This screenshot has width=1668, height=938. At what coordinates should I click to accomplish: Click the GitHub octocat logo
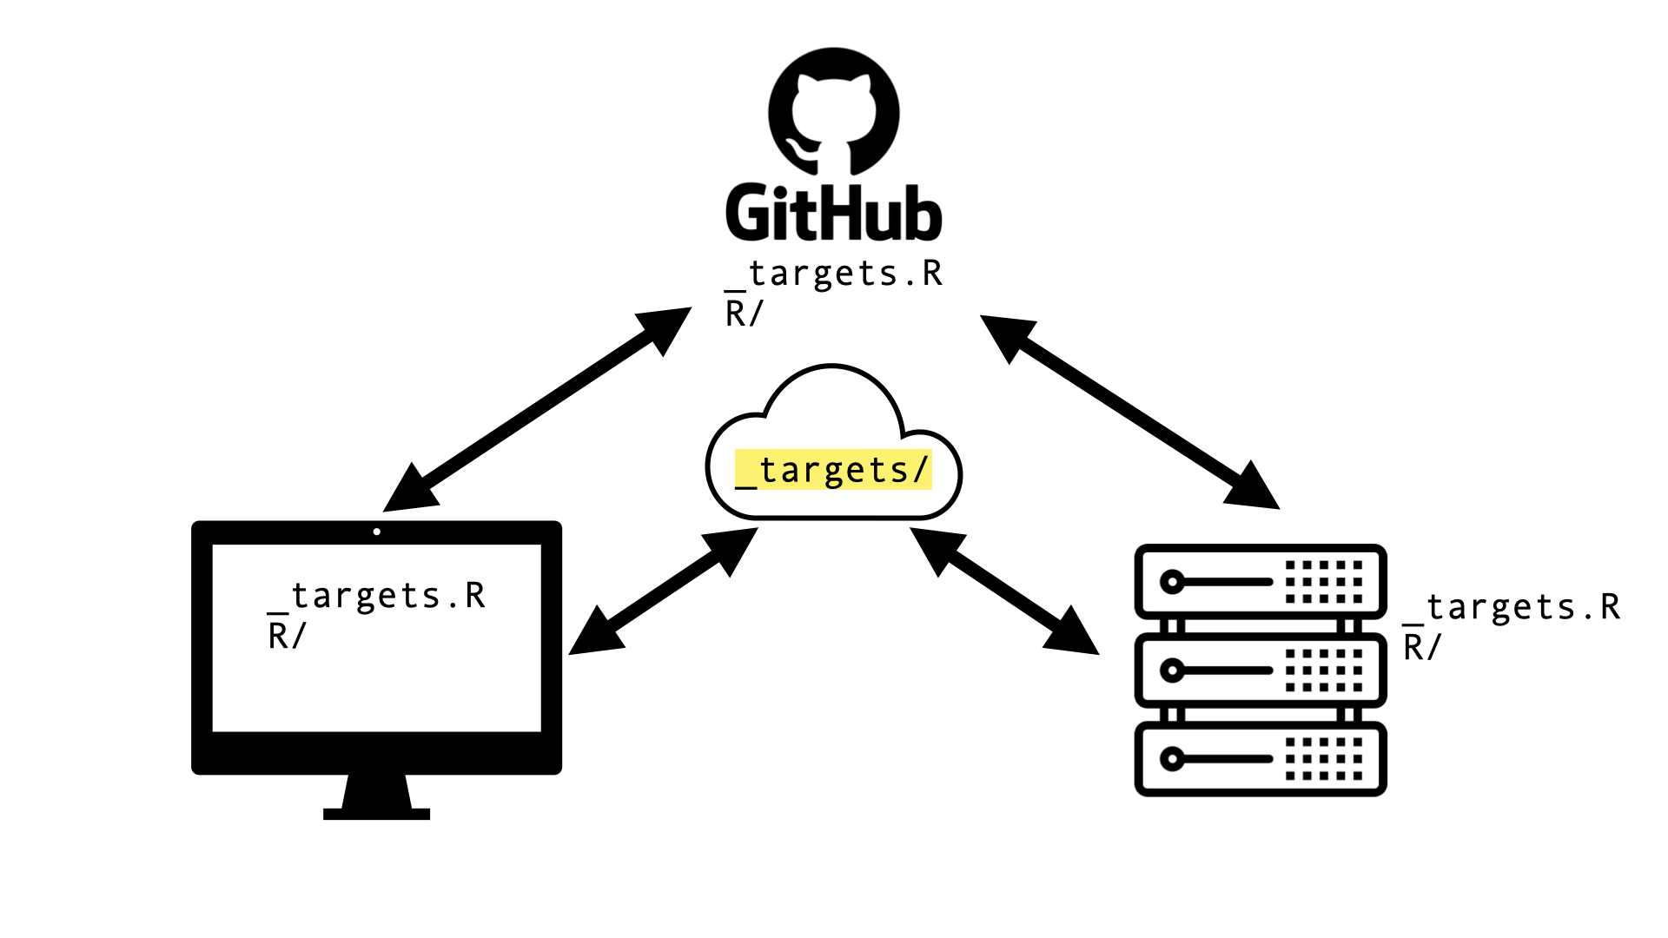[x=834, y=112]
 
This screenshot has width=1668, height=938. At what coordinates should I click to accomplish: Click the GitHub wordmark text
[x=834, y=213]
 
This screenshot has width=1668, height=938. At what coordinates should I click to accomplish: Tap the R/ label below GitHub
[x=744, y=314]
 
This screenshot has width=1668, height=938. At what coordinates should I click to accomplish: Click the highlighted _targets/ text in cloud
[x=834, y=470]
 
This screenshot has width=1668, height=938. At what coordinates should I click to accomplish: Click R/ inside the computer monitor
[x=287, y=636]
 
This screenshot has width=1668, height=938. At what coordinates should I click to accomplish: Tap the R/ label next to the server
[x=1422, y=647]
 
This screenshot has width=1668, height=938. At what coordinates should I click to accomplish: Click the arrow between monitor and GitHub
[x=537, y=409]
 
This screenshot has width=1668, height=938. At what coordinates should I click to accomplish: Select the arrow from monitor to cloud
[x=663, y=591]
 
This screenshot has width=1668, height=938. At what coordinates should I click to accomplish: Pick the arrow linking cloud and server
[x=1004, y=591]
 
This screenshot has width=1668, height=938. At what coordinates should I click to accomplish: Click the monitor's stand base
[x=376, y=813]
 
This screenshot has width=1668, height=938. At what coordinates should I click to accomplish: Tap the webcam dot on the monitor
[x=376, y=532]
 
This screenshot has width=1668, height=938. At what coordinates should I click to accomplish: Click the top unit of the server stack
[x=1260, y=581]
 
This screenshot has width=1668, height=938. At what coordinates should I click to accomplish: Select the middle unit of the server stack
[x=1260, y=670]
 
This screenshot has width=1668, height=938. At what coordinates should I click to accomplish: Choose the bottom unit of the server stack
[x=1260, y=758]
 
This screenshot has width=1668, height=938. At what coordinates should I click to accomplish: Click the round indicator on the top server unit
[x=1172, y=581]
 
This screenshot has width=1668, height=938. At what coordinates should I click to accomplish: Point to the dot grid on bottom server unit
[x=1324, y=758]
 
